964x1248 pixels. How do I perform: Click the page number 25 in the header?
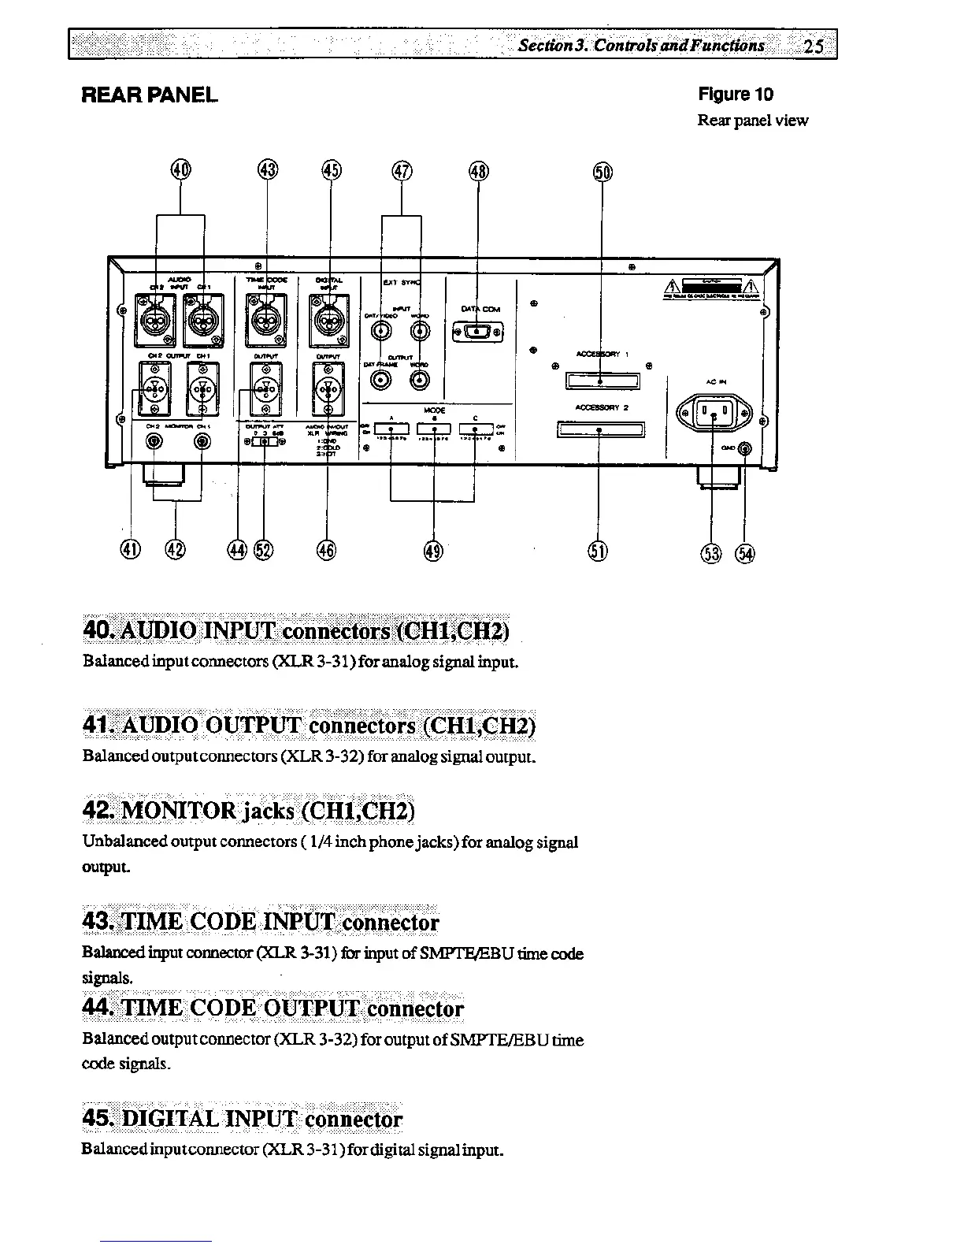click(814, 45)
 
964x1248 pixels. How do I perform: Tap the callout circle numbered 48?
click(478, 171)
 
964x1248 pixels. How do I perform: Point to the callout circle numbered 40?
click(181, 169)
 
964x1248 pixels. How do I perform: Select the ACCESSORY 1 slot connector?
click(602, 382)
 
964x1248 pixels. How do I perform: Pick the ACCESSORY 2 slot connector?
click(600, 429)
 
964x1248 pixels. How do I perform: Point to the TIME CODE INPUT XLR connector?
click(266, 320)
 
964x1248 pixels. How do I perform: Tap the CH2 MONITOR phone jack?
click(154, 442)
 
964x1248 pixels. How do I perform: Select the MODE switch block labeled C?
click(475, 429)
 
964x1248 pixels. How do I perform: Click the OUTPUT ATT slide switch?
click(265, 442)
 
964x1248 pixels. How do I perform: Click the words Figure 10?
click(736, 95)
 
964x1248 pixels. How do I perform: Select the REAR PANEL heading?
click(150, 95)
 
